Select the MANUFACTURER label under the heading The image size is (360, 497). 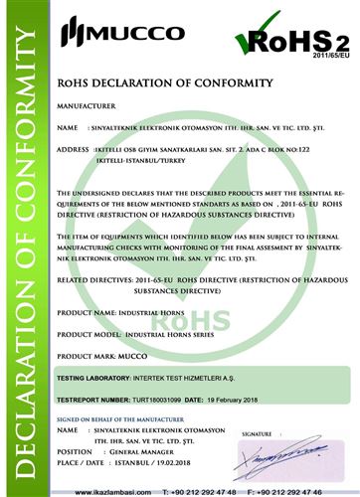[89, 102]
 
